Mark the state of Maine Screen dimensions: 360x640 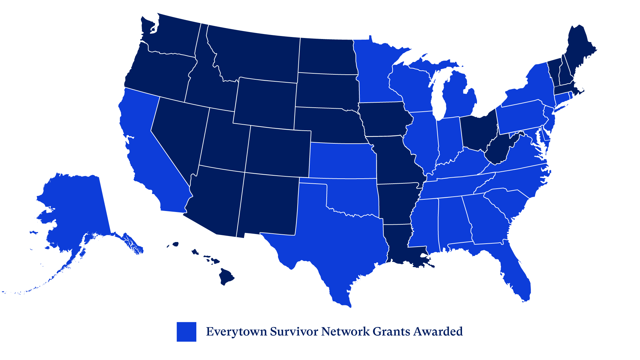[580, 50]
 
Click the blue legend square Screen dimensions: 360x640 [186, 332]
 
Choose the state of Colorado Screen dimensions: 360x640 [278, 152]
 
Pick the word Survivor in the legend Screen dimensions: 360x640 [294, 332]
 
